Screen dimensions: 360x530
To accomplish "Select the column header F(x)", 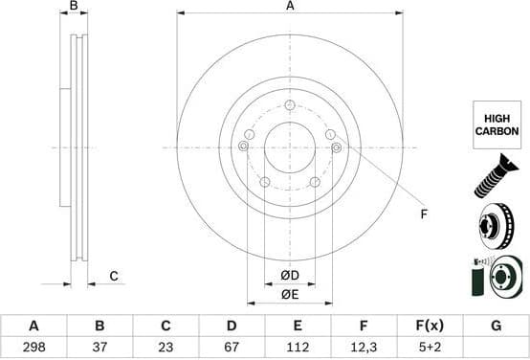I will click(430, 326).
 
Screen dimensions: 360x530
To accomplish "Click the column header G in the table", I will click(496, 326).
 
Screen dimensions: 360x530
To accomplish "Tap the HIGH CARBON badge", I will click(497, 124).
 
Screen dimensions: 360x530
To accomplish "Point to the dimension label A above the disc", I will click(290, 7).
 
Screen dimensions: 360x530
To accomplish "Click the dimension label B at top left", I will click(75, 7).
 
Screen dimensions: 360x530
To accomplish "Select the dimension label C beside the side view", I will click(113, 277).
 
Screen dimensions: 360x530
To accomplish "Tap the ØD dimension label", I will click(290, 276).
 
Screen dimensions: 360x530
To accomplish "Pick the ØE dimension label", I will click(290, 295).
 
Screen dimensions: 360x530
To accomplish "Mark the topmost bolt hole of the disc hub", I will click(290, 104).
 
